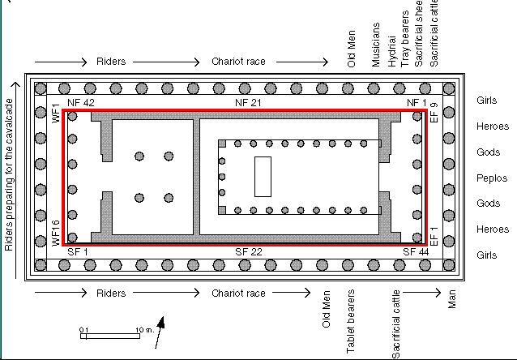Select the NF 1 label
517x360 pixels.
[x=416, y=103]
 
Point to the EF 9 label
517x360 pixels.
[x=434, y=112]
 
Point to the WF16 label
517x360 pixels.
[x=56, y=232]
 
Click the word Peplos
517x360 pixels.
[x=492, y=178]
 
